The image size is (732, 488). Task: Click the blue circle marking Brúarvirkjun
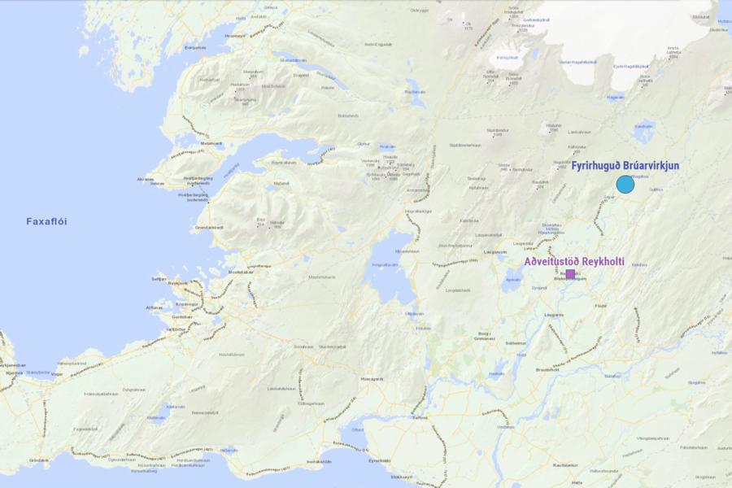625,185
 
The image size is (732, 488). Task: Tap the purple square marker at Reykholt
570,274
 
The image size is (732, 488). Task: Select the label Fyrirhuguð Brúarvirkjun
625,166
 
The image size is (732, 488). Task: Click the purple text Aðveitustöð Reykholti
574,261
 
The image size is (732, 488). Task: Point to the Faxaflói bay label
52,221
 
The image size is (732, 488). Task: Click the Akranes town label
146,178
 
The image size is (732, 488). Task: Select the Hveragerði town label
372,379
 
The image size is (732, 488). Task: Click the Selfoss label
420,416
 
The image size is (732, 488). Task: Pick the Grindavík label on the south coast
39,460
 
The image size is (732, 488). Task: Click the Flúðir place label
601,306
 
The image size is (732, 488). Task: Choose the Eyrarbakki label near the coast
379,460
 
